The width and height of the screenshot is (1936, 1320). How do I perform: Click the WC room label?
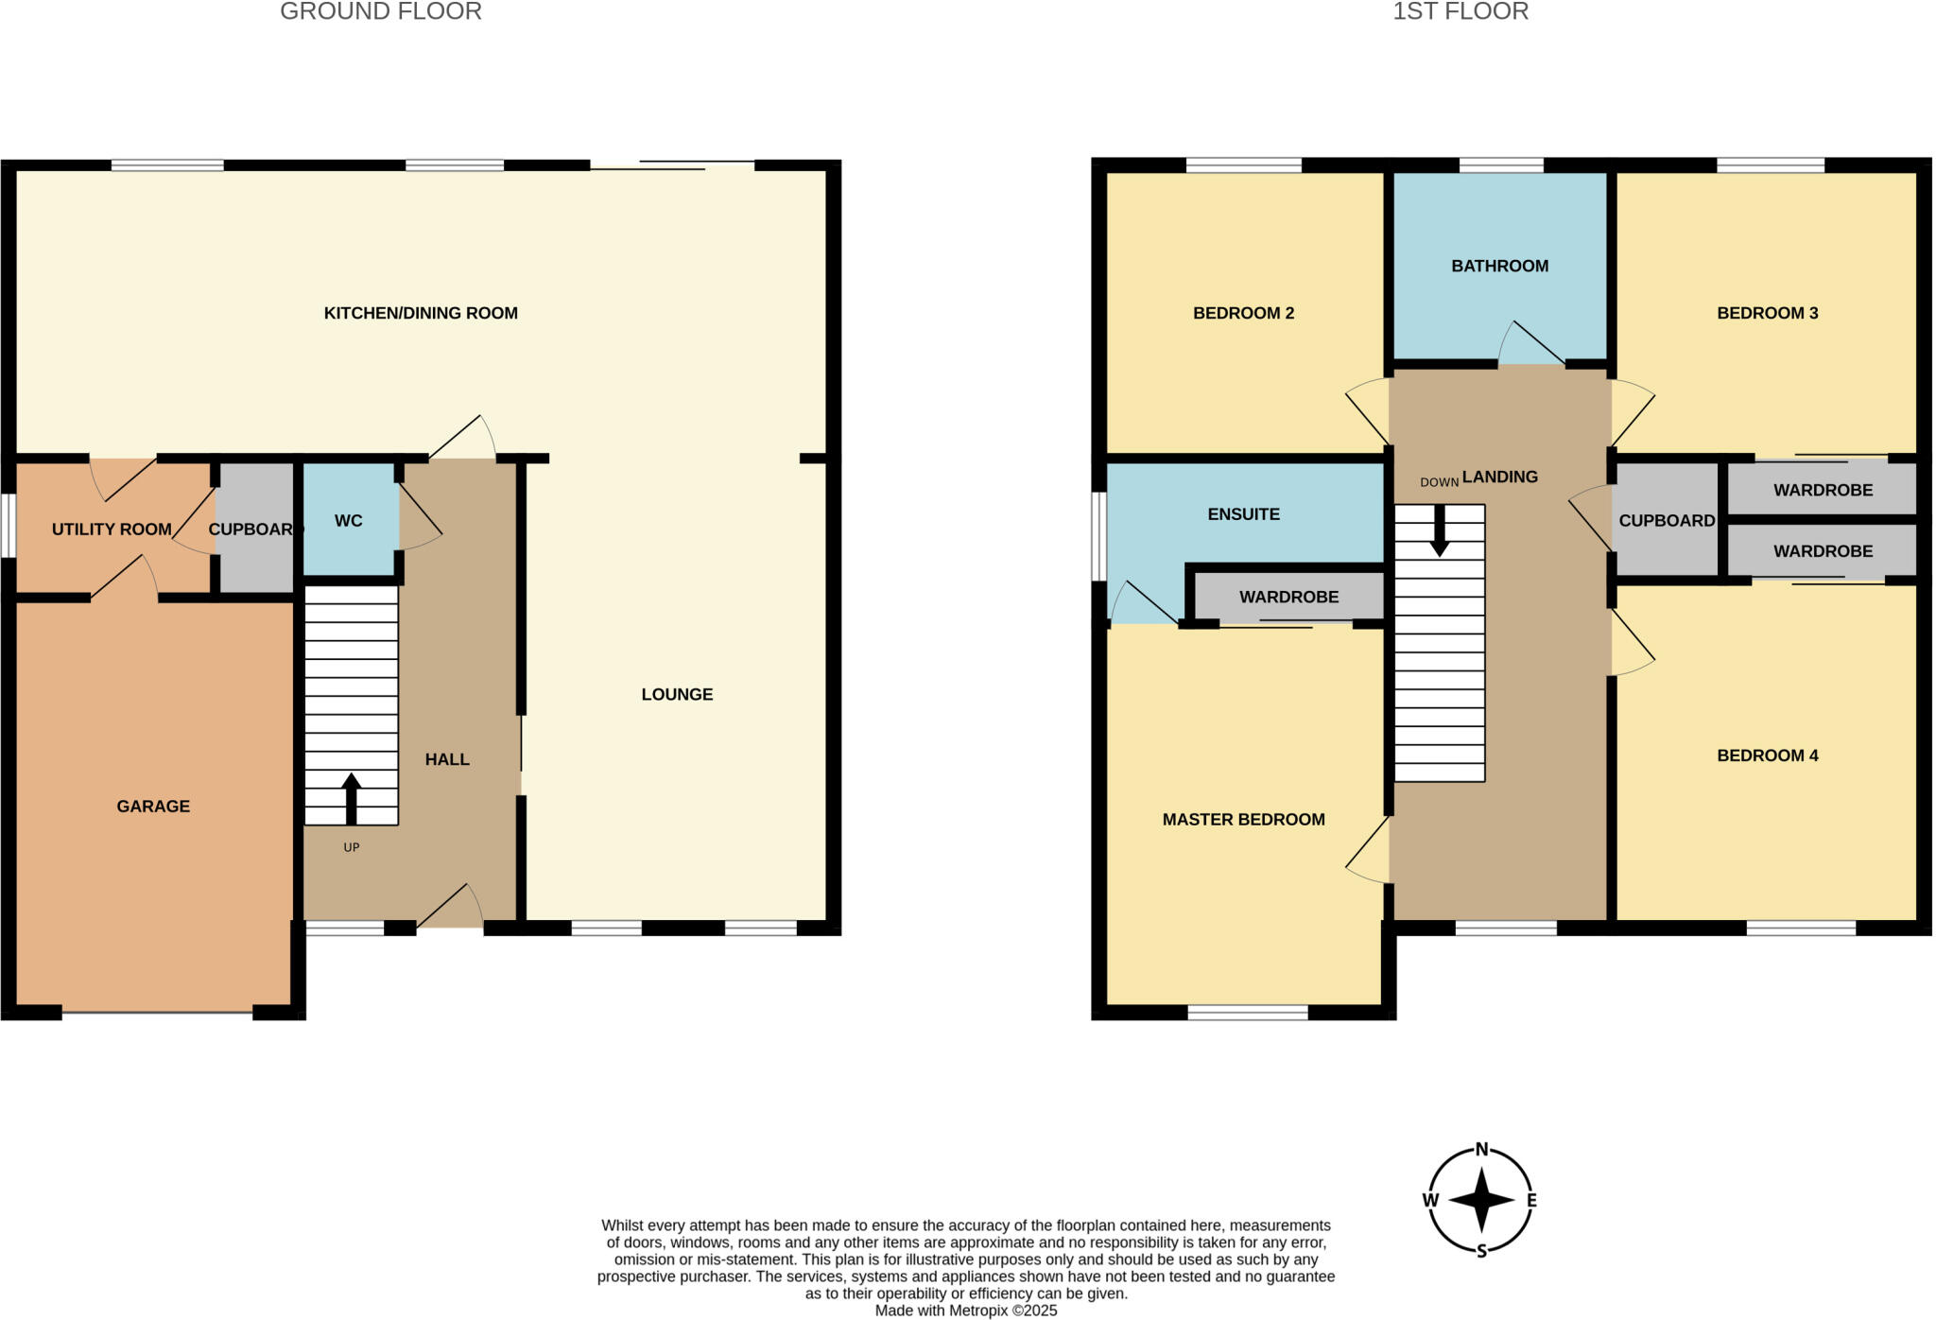tap(348, 521)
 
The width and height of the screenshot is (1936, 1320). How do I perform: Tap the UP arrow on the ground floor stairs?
tap(351, 799)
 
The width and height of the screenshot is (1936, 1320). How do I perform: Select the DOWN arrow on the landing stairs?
tap(1439, 531)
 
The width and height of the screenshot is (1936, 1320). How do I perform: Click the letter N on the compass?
tap(1481, 1150)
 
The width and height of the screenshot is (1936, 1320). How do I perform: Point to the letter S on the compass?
tap(1481, 1251)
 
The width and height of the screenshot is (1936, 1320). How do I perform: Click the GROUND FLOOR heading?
tap(381, 11)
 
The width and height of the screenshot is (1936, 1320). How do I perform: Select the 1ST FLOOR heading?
tap(1460, 11)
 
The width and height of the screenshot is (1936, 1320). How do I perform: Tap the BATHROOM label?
tap(1499, 267)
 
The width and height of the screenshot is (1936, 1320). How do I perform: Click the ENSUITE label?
tap(1243, 514)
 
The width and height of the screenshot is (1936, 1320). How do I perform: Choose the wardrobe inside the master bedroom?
tap(1288, 598)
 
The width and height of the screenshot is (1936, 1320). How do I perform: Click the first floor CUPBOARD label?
tap(1666, 521)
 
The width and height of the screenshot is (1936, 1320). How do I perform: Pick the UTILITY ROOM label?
tap(112, 530)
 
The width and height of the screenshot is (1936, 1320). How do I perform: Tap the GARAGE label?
tap(153, 807)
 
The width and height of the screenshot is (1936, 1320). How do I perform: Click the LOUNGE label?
tap(677, 695)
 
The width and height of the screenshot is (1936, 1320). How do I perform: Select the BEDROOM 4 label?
tap(1767, 756)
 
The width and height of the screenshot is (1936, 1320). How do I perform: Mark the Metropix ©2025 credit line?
tap(965, 1311)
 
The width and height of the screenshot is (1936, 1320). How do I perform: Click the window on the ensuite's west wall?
tap(1098, 535)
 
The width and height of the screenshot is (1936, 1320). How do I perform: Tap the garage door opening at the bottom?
tap(157, 1013)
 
